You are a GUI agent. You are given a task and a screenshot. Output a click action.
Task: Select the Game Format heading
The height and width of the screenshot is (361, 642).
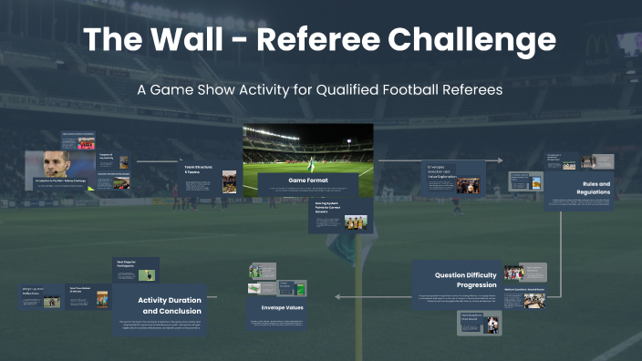(x=307, y=180)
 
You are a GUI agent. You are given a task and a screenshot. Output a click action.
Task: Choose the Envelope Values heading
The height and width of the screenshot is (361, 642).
(x=280, y=309)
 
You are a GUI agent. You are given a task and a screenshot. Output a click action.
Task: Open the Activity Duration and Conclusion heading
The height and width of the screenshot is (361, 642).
(x=171, y=305)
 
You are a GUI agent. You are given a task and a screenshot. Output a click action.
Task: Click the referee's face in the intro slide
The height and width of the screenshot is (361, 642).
(x=54, y=164)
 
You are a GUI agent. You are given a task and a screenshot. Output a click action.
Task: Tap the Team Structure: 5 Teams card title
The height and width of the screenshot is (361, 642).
(x=199, y=170)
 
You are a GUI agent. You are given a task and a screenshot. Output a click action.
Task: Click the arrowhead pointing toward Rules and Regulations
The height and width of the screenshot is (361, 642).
(x=500, y=160)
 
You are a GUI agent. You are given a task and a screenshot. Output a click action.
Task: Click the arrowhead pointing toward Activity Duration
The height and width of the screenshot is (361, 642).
(x=338, y=296)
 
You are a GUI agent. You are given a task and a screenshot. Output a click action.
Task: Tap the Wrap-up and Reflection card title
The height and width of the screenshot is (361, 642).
(x=33, y=292)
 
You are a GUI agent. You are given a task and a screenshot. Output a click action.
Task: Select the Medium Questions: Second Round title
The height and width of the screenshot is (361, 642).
(x=523, y=290)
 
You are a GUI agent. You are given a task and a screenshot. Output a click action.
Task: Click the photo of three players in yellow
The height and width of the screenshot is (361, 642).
(x=355, y=222)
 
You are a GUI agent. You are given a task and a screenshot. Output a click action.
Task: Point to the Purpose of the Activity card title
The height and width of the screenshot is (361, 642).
(x=108, y=159)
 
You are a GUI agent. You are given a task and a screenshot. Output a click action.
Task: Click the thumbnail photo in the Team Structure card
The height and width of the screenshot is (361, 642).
(x=229, y=180)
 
